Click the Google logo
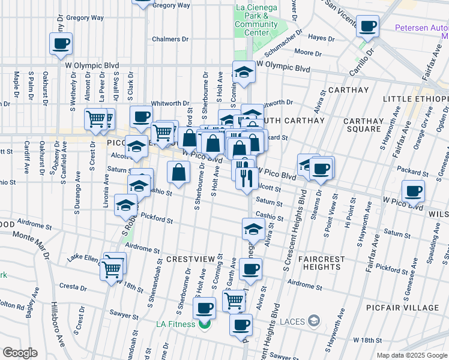tap(20, 352)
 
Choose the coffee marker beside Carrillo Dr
tap(368, 26)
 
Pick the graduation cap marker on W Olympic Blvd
tap(244, 73)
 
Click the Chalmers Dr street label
tap(170, 39)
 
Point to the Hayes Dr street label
tap(321, 38)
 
